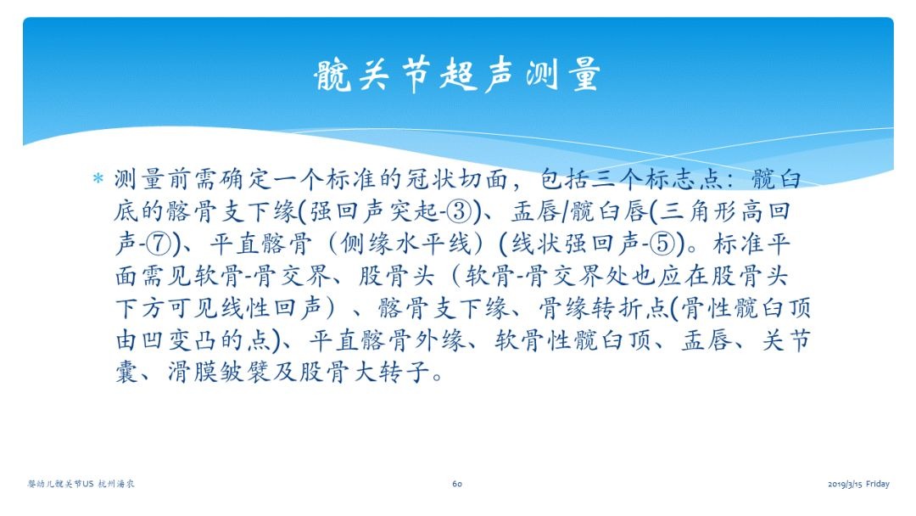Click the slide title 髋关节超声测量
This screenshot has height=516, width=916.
457,74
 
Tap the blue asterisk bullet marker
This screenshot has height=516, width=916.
98,178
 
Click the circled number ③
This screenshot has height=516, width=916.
459,211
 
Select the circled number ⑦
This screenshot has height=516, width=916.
159,244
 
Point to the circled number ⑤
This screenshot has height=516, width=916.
663,244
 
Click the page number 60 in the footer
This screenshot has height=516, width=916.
457,484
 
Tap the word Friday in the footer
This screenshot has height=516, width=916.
878,484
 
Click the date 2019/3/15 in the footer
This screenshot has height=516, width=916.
845,484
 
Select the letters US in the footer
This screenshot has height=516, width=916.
87,484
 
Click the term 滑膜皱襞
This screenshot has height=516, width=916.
219,372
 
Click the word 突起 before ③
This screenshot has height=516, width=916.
415,211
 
